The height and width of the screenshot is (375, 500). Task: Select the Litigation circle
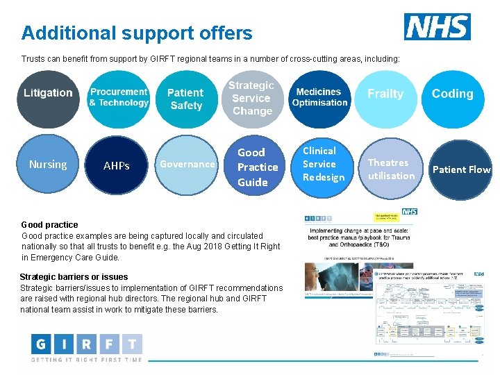(x=47, y=98)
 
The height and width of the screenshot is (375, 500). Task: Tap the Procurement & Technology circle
(x=119, y=98)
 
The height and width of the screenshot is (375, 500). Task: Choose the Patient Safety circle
(x=185, y=99)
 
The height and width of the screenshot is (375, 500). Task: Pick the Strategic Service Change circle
(x=252, y=98)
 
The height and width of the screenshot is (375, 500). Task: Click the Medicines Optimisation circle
(x=319, y=98)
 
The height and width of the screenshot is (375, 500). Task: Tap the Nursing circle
(x=47, y=165)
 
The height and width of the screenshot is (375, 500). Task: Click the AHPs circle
(x=116, y=166)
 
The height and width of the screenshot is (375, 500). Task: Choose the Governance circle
(x=185, y=165)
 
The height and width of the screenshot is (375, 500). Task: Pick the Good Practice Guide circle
(x=255, y=167)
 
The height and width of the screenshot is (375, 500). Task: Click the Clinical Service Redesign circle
(x=321, y=165)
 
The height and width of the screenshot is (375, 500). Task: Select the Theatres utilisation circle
(x=391, y=169)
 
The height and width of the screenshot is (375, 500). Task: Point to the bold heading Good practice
(x=50, y=225)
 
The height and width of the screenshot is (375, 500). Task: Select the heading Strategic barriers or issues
(x=74, y=277)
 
